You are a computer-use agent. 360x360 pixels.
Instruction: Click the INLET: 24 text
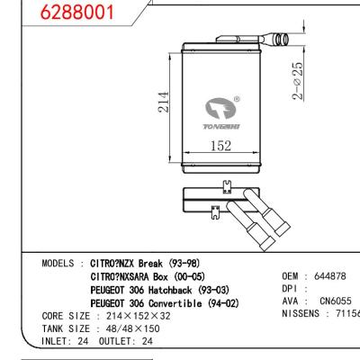pyautogui.click(x=66, y=341)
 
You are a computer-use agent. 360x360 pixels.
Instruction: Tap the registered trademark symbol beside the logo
pyautogui.click(x=237, y=99)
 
